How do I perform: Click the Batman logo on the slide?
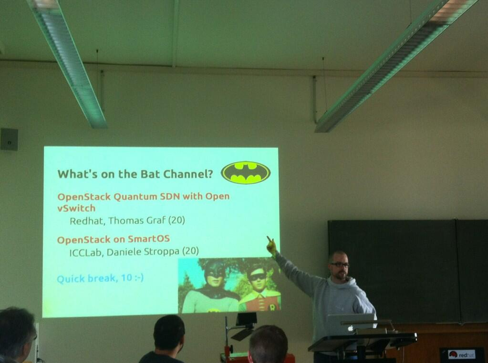pyautogui.click(x=246, y=172)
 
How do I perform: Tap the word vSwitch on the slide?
pyautogui.click(x=76, y=208)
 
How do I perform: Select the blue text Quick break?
pyautogui.click(x=87, y=279)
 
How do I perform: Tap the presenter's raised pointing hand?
pyautogui.click(x=271, y=245)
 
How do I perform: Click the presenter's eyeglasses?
pyautogui.click(x=340, y=264)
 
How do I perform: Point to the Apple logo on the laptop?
pyautogui.click(x=351, y=328)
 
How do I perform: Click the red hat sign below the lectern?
pyautogui.click(x=462, y=354)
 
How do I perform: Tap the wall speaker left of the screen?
pyautogui.click(x=9, y=139)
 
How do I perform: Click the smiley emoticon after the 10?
pyautogui.click(x=138, y=277)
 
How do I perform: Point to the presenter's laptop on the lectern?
pyautogui.click(x=351, y=324)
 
